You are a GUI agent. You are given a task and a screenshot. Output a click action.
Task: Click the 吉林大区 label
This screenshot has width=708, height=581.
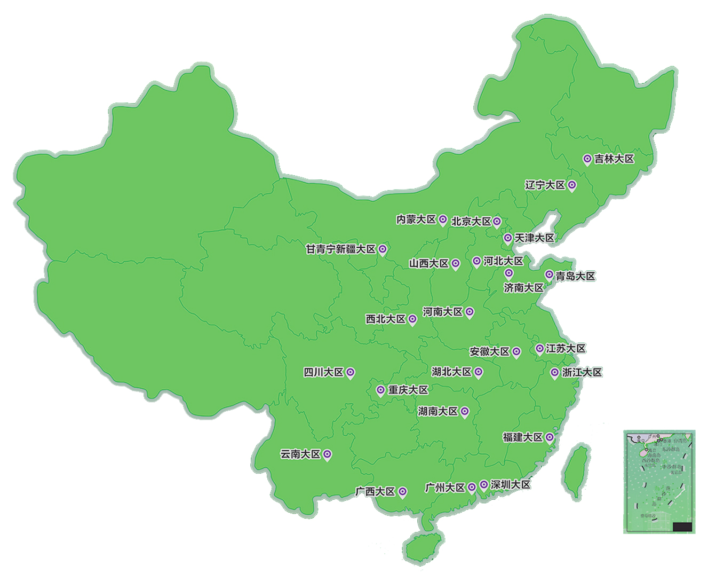coord(614,159)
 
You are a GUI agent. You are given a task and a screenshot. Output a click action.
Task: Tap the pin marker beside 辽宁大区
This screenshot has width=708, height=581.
coord(571,185)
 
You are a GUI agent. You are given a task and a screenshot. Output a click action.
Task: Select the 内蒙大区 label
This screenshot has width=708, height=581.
coord(416,219)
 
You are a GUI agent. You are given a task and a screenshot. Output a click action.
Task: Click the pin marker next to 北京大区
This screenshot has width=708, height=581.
coord(497,221)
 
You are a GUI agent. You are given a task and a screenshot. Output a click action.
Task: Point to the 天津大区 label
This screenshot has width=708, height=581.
coord(534,238)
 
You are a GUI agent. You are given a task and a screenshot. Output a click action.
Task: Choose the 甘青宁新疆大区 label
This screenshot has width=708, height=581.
coord(340,249)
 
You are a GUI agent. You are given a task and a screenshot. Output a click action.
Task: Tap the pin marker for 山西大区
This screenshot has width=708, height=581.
coord(455,263)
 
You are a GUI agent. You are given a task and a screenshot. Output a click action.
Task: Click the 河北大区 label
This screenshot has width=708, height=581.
coord(503,261)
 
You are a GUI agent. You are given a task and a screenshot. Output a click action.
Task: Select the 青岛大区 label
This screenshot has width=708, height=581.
coord(575,276)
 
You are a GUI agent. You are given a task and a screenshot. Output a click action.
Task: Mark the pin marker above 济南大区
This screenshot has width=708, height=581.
coord(509,273)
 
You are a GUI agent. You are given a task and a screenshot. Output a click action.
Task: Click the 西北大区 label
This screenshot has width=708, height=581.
coord(386,319)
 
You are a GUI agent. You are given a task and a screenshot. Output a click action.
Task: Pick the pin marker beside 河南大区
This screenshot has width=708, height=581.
coord(469,311)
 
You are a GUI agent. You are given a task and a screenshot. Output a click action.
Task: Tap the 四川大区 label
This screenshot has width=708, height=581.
coord(323,372)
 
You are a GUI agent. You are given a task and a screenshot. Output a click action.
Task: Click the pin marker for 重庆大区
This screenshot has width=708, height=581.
coord(380,390)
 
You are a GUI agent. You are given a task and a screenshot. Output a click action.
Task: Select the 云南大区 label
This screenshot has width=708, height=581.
coord(300,454)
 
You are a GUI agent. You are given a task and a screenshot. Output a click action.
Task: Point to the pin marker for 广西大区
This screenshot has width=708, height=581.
coord(403,491)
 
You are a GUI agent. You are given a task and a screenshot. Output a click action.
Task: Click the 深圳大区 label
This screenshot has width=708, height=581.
coord(511,485)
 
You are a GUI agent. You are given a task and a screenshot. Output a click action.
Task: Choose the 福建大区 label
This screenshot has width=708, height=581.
coord(523,437)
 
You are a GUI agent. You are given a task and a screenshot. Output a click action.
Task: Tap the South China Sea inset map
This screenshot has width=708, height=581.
coord(659,481)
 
